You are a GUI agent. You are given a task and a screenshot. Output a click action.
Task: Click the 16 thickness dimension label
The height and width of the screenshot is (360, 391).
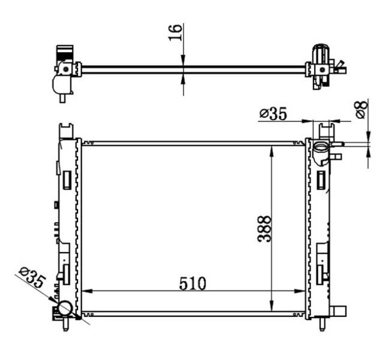[x=175, y=32]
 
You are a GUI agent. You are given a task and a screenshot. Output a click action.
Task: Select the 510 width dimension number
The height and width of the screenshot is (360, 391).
[x=193, y=284]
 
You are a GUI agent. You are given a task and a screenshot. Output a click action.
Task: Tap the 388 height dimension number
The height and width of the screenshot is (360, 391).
[x=264, y=229]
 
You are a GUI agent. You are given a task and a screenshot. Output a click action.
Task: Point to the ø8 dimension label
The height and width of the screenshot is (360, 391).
[x=362, y=110]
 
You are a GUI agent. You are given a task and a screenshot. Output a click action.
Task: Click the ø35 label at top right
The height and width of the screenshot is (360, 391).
[x=273, y=114]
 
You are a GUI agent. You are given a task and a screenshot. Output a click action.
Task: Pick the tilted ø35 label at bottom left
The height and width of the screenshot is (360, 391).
[x=32, y=277]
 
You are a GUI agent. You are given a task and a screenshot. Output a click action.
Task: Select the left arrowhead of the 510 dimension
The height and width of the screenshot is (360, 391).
[x=88, y=291]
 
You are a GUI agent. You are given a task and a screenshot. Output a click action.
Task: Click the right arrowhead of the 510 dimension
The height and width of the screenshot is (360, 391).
[x=299, y=291]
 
